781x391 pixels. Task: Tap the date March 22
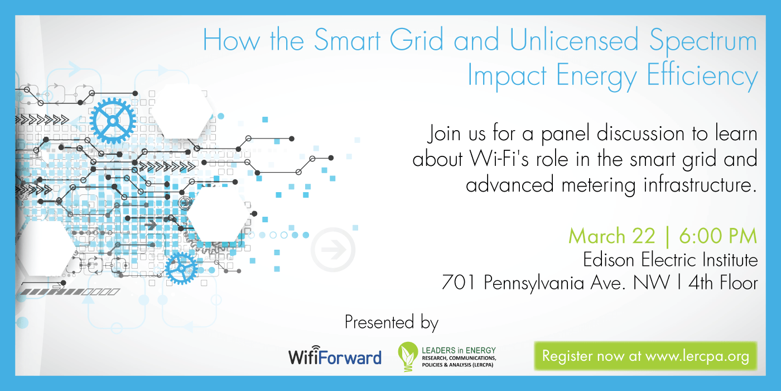611,236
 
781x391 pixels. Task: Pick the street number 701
460,283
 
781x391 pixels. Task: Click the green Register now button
645,356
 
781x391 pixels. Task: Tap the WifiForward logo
335,357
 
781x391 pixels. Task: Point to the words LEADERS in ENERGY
458,350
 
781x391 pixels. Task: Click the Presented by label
391,322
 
